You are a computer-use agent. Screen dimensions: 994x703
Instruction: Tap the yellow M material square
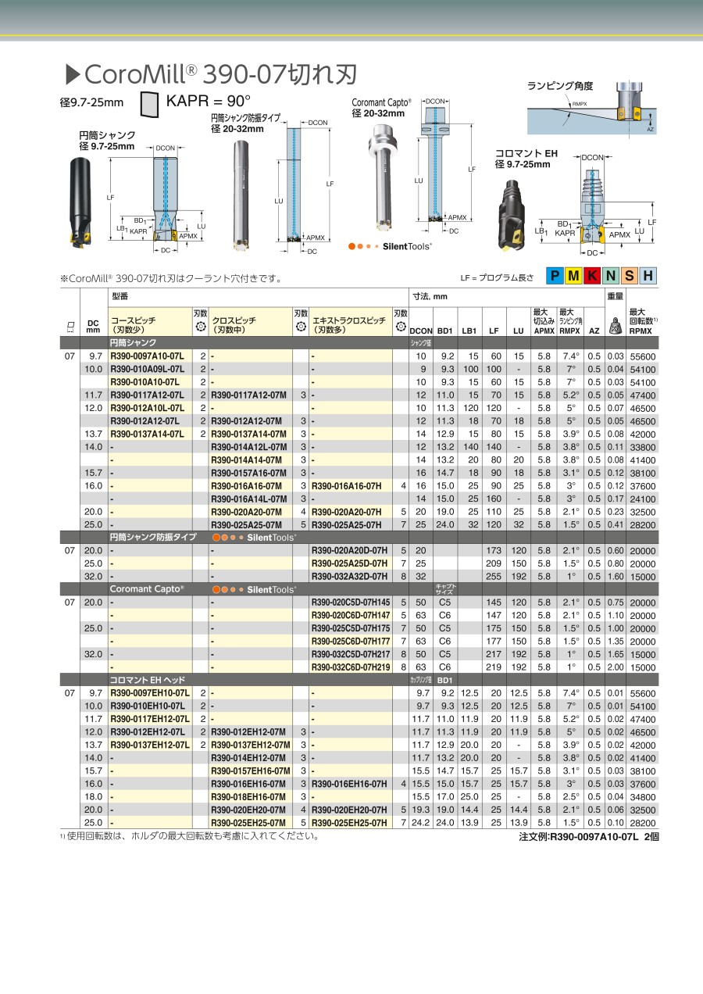click(x=574, y=275)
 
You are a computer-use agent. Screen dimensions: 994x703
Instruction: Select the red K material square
click(x=593, y=275)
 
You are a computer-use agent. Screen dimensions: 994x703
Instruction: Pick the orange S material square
click(x=629, y=275)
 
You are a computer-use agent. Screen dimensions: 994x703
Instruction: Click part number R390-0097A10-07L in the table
click(x=147, y=356)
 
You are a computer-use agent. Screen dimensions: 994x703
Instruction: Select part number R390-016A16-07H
click(x=346, y=485)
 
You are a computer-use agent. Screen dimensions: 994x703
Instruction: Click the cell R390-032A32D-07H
click(x=349, y=576)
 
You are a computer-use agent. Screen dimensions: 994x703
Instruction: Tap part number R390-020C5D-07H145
click(x=351, y=602)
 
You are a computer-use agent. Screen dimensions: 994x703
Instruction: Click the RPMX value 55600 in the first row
click(x=642, y=356)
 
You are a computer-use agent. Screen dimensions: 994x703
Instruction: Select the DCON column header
click(x=421, y=331)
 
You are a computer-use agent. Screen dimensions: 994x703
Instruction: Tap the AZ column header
click(x=594, y=331)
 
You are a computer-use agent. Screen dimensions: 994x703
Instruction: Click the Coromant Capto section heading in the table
click(x=147, y=589)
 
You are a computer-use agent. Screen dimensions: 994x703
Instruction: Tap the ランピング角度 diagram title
click(x=560, y=86)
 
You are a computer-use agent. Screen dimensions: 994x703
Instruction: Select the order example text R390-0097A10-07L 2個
click(x=589, y=836)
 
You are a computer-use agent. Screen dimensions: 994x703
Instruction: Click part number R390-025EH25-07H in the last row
click(x=348, y=823)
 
